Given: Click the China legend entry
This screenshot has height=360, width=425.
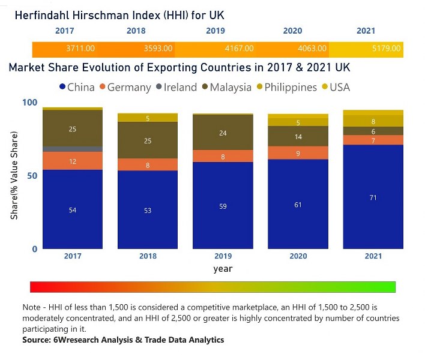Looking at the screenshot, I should [76, 87].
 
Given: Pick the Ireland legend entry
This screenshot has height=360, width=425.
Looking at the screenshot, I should [175, 87].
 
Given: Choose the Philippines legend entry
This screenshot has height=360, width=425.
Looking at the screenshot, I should [286, 87].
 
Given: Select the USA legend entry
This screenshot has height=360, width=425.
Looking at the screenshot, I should [338, 87].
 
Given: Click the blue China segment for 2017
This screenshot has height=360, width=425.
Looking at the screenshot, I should [73, 209].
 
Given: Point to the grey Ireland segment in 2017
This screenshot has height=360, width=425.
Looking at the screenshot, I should [73, 149].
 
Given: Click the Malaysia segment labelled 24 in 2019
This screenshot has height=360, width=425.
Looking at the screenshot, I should [223, 133].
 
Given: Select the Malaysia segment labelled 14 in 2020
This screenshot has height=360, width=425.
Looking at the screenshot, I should [298, 136].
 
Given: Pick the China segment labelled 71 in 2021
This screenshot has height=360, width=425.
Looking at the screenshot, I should [373, 197].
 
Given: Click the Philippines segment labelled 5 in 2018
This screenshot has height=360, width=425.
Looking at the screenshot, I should [148, 118].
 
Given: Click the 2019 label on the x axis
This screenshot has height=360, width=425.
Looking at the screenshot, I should [223, 256].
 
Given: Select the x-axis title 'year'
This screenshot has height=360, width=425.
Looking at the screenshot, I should [223, 268].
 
